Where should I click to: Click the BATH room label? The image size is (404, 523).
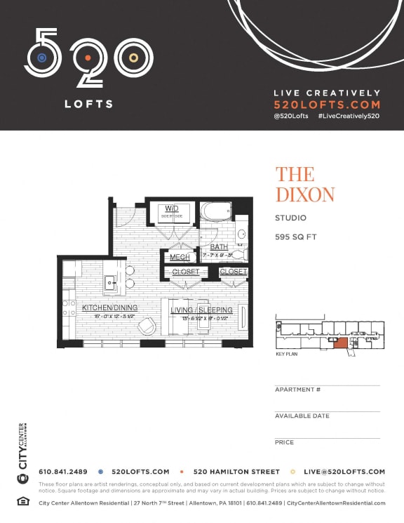pyautogui.click(x=219, y=247)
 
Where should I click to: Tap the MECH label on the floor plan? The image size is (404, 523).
pyautogui.click(x=180, y=257)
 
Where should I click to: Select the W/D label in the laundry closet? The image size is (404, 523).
pyautogui.click(x=171, y=208)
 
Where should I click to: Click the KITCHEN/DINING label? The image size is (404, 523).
pyautogui.click(x=109, y=307)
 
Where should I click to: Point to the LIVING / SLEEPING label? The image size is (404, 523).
pyautogui.click(x=201, y=310)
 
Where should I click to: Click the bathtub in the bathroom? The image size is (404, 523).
pyautogui.click(x=216, y=213)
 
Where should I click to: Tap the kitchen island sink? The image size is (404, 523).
pyautogui.click(x=111, y=282)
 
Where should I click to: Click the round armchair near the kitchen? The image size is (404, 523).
pyautogui.click(x=148, y=326)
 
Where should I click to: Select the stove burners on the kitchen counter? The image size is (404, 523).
pyautogui.click(x=69, y=307)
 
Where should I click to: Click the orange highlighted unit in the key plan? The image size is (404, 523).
pyautogui.click(x=340, y=343)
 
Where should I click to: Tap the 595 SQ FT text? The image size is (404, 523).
pyautogui.click(x=295, y=237)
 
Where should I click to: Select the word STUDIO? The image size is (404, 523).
pyautogui.click(x=290, y=218)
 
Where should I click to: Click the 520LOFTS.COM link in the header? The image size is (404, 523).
pyautogui.click(x=326, y=104)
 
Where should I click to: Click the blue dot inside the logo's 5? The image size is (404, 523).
pyautogui.click(x=42, y=57)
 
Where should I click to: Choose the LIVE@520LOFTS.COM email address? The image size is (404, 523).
pyautogui.click(x=344, y=472)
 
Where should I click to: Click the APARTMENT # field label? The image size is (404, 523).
pyautogui.click(x=297, y=390)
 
